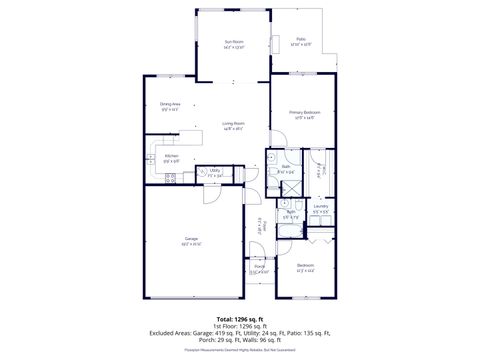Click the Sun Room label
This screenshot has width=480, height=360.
click(x=233, y=42)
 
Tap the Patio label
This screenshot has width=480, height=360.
click(x=300, y=41)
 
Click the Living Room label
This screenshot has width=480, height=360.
click(x=234, y=125)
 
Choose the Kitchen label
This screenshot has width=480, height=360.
click(x=171, y=158)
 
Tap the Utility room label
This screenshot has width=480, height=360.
click(x=215, y=172)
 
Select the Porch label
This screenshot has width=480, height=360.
click(x=259, y=268)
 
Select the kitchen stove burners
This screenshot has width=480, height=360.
click(x=170, y=178)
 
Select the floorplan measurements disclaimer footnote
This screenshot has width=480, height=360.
click(x=240, y=351)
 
